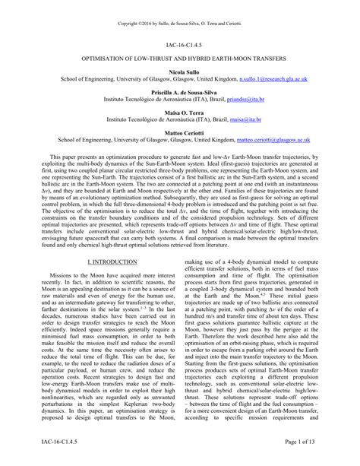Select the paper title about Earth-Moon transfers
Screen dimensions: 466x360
(180, 58)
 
